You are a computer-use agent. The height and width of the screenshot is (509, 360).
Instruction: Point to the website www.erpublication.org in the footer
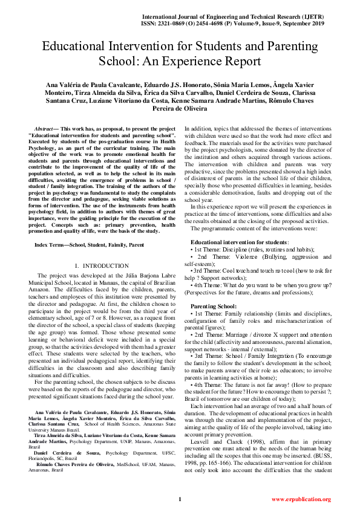click(301, 499)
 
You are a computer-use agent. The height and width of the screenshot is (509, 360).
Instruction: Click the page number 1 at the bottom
click(180, 499)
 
